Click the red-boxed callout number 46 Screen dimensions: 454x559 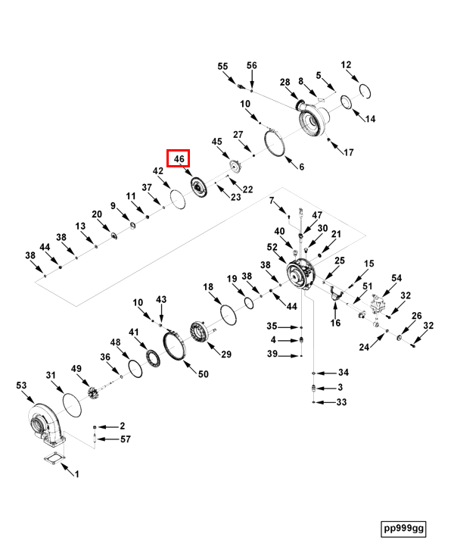point(179,158)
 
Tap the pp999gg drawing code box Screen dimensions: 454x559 point(403,529)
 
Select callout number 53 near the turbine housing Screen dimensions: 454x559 point(21,386)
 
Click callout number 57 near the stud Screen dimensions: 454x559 point(126,439)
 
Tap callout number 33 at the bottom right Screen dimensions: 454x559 point(341,402)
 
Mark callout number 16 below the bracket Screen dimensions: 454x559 point(335,323)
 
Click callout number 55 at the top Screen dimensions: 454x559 point(222,67)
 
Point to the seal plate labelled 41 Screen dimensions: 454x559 point(153,358)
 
